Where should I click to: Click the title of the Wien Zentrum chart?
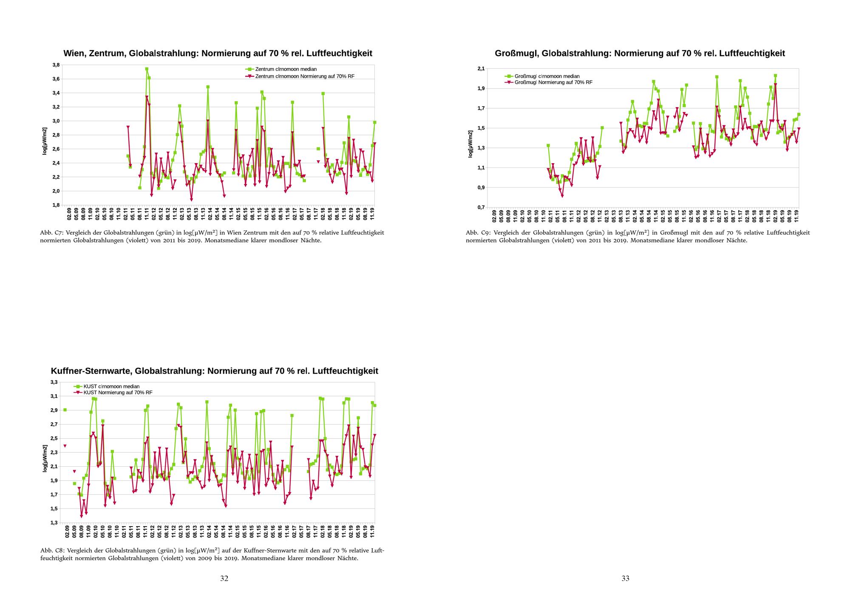coord(218,54)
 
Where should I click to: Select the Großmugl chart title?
coord(640,54)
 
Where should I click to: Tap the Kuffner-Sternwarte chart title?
coord(215,371)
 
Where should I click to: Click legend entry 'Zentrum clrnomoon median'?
coord(286,69)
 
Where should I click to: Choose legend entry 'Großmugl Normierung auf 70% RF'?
coord(553,82)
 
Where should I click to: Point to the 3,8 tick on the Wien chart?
coord(56,65)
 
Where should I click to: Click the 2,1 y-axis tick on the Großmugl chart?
coord(481,68)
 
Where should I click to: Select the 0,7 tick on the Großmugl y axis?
coord(481,207)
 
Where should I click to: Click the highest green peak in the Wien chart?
coord(147,69)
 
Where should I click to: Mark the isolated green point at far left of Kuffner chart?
coord(65,410)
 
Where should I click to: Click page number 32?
coord(224,578)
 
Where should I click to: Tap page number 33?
coord(626,578)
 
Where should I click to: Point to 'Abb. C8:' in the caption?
coord(52,550)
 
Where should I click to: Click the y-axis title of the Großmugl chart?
coord(470,144)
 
